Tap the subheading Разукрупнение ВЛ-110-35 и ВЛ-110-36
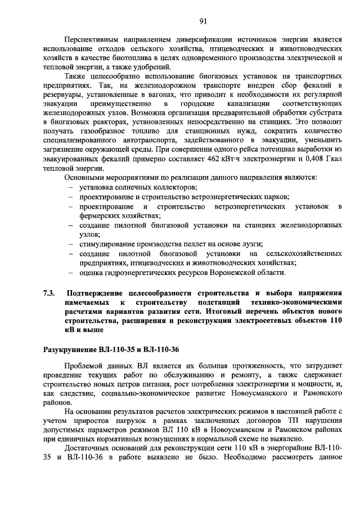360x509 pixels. point(111,349)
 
